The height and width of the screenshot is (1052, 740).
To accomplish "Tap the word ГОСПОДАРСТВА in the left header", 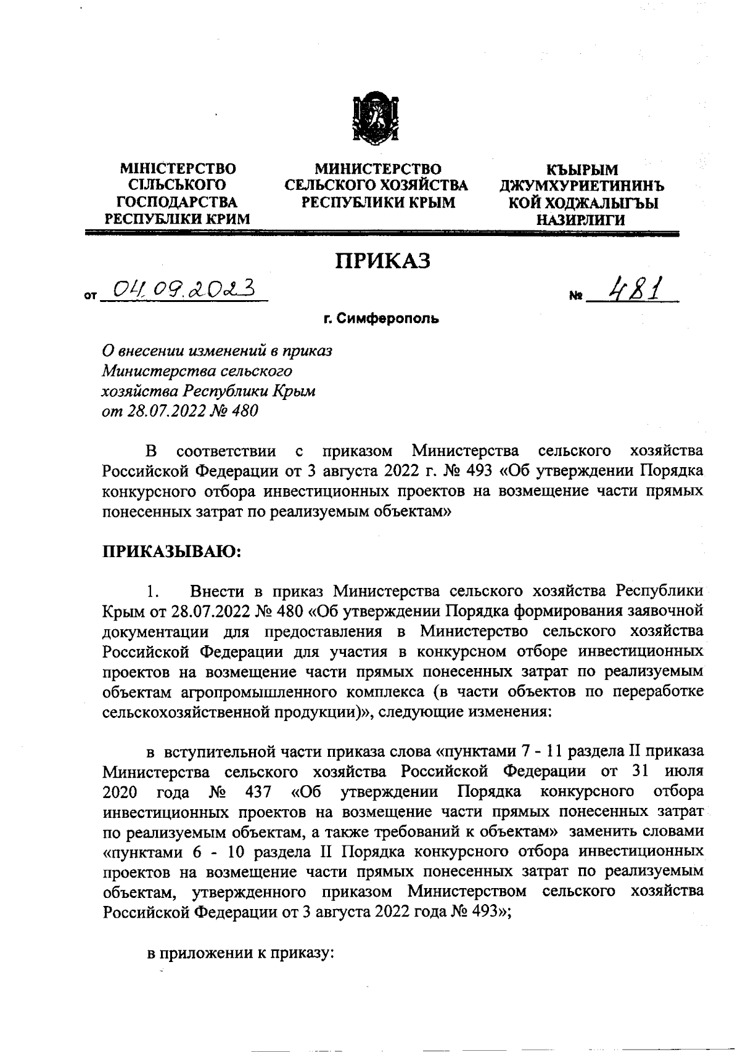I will click(178, 202).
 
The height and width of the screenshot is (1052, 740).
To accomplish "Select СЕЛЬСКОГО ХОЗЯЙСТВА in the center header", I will click(376, 186).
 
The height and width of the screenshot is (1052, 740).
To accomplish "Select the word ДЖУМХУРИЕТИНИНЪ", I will click(583, 186).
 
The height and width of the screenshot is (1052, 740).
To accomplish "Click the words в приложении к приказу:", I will click(240, 953).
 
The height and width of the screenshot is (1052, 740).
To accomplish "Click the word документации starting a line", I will click(154, 632).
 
